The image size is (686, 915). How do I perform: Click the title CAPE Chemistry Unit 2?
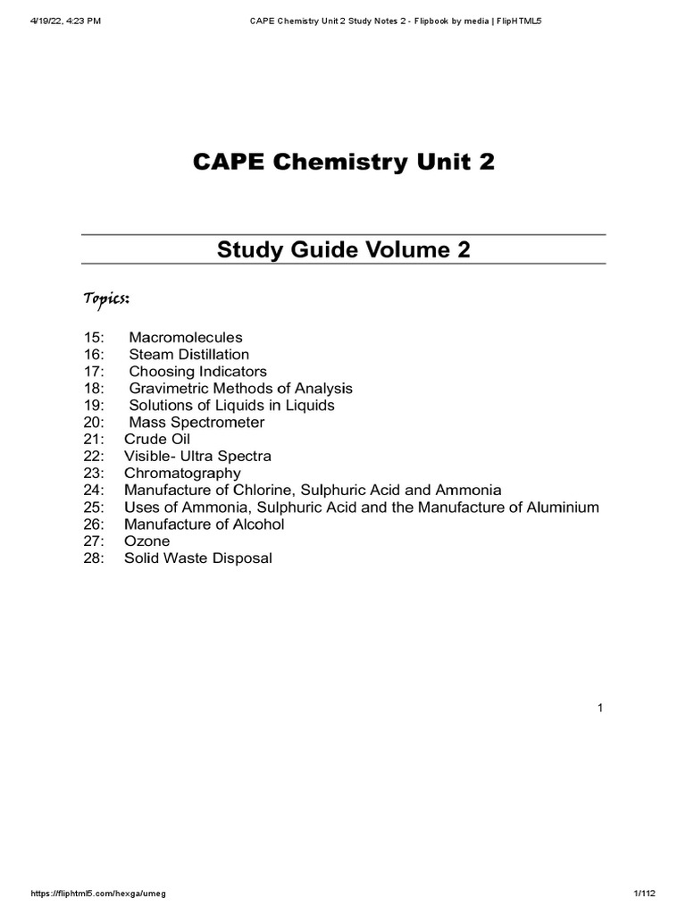point(343,164)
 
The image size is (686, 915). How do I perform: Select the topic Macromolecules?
point(185,338)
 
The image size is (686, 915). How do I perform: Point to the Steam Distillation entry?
point(188,355)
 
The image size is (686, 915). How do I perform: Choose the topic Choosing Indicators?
point(197,372)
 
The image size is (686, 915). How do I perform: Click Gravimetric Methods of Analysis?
point(240,389)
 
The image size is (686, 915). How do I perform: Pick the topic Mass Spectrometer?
point(197,423)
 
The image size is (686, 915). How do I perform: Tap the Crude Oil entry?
point(157,440)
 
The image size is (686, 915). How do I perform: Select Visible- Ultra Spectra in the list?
point(197,457)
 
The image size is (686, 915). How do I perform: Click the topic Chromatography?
point(182,474)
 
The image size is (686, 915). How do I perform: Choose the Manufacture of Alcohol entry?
point(204,525)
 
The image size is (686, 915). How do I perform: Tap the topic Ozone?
point(146,541)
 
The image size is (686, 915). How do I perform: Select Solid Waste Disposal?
point(197,558)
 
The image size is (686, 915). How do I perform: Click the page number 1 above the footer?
point(601,709)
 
